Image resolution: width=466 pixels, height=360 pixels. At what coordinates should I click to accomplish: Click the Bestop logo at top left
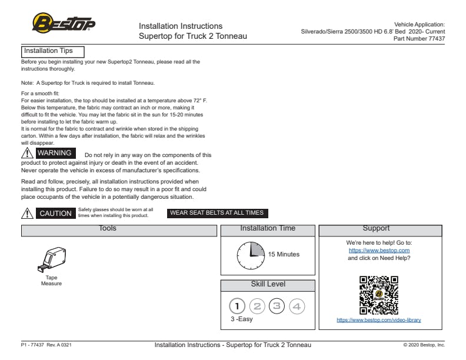(64, 24)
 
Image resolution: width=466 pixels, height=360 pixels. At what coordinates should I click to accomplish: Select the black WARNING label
(54, 154)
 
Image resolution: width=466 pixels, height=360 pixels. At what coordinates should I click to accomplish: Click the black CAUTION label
(55, 214)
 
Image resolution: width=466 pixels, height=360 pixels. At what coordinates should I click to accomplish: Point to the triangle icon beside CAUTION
(27, 214)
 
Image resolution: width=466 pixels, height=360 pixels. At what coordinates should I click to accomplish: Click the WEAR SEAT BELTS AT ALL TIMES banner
(217, 213)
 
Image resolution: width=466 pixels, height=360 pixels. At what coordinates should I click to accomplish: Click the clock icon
(251, 255)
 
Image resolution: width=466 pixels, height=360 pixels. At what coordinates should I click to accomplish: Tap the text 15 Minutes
(284, 255)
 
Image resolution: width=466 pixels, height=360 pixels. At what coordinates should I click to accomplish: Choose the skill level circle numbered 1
(237, 306)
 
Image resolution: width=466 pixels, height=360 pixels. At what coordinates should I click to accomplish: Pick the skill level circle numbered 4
(297, 306)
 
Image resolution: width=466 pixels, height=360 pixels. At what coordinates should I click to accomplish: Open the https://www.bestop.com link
(379, 251)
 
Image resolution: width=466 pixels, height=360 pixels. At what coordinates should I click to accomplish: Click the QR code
(379, 295)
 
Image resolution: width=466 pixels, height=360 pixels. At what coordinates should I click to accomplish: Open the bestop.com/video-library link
(379, 321)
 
